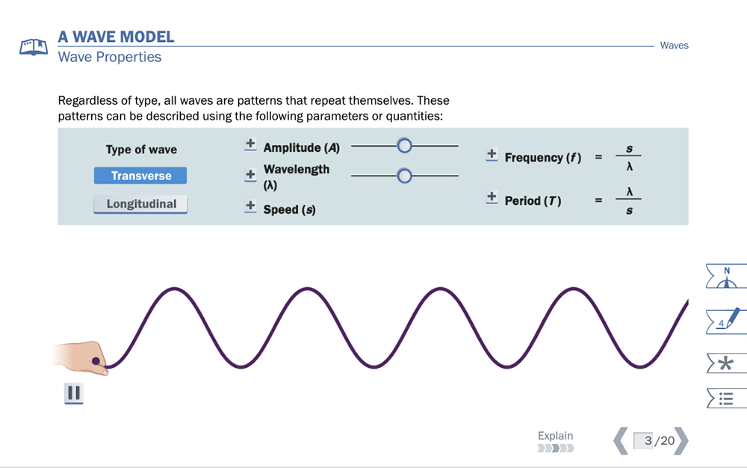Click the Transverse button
click(x=140, y=176)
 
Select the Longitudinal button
click(x=140, y=204)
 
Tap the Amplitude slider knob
click(x=404, y=146)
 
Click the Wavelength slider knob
click(x=404, y=176)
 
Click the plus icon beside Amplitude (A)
click(x=250, y=144)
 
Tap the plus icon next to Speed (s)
click(x=250, y=206)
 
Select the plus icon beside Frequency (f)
click(x=492, y=155)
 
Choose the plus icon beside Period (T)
click(x=492, y=197)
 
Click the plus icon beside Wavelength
click(x=250, y=175)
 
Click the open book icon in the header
click(x=34, y=47)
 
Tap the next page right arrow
click(x=681, y=440)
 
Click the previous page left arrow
click(x=620, y=440)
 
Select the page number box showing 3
click(x=643, y=440)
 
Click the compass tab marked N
click(x=726, y=276)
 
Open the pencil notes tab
click(x=726, y=321)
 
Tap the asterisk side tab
click(x=726, y=363)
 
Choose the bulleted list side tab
click(x=726, y=398)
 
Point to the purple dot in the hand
click(x=96, y=361)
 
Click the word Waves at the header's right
click(x=674, y=46)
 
